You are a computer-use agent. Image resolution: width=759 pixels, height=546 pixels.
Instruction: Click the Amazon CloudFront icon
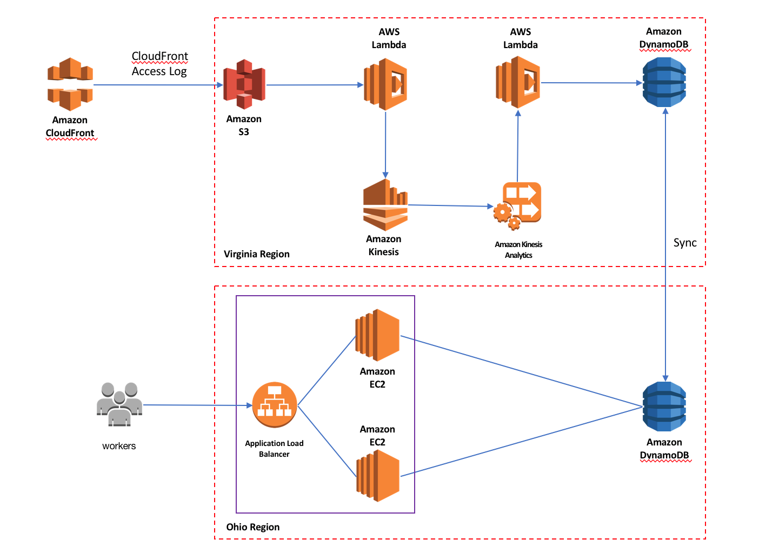(x=70, y=84)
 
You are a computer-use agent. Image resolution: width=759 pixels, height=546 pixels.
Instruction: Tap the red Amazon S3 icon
(x=244, y=84)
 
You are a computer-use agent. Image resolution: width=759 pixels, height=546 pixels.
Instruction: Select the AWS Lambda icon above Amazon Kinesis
(x=385, y=84)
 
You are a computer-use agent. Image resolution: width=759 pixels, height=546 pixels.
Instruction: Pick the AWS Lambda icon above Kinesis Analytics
(x=518, y=83)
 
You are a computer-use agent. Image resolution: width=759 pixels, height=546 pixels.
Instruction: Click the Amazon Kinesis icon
(x=385, y=205)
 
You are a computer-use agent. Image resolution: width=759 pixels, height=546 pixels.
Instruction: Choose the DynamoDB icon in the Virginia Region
(x=664, y=82)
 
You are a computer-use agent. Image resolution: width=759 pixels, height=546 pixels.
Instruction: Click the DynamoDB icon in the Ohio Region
(x=664, y=407)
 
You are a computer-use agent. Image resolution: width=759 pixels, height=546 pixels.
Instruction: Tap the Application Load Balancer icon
(x=275, y=405)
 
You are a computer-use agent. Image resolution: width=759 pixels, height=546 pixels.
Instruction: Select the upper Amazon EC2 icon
(x=377, y=335)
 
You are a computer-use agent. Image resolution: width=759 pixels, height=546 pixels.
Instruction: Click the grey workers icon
(x=119, y=404)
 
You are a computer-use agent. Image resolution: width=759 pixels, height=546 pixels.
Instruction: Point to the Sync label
(x=685, y=243)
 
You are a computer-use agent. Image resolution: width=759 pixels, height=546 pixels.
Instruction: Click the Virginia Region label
(x=257, y=254)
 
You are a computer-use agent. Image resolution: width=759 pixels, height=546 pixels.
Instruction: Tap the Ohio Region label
(x=253, y=527)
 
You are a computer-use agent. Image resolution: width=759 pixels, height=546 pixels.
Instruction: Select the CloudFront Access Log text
(x=160, y=64)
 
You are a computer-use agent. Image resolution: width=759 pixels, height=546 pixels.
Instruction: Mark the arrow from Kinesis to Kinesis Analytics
(x=450, y=205)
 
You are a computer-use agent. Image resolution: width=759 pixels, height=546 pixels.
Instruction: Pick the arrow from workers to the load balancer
(x=197, y=405)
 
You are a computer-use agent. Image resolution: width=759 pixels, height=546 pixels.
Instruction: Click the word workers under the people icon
(x=119, y=446)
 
